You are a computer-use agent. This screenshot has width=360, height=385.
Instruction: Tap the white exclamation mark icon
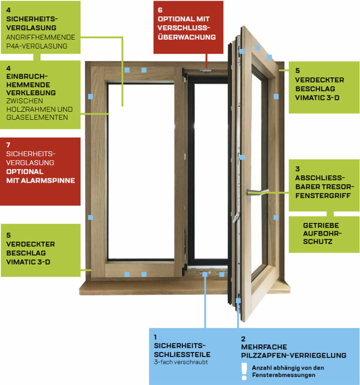pos(245,371)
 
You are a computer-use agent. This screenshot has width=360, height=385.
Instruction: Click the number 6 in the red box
pos(160,10)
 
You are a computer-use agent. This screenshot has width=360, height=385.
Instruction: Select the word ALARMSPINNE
pos(50,180)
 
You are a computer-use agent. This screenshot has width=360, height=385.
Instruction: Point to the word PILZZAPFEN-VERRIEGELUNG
pos(293,355)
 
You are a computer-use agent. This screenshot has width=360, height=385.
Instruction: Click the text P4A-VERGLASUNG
pos(37,46)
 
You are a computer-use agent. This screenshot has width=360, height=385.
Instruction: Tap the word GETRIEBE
pos(321,226)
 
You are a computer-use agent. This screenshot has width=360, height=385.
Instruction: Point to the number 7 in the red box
pos(9,145)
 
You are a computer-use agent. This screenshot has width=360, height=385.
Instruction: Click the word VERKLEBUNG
pos(31,93)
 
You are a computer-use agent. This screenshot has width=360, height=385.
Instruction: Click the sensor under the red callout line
pos(205,70)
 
